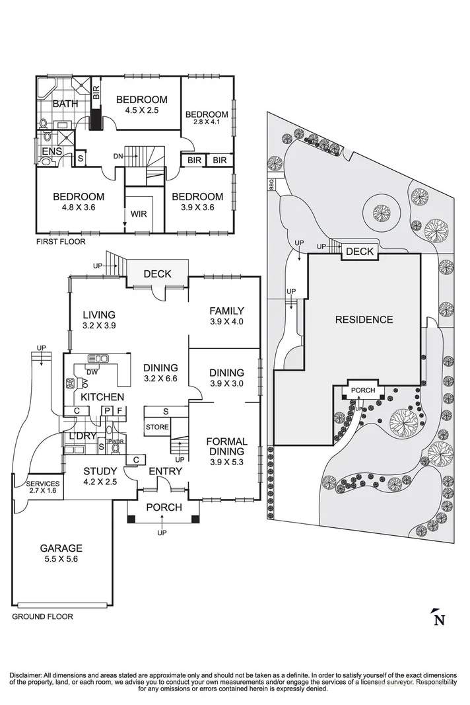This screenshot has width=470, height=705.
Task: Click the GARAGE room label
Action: pos(61,548)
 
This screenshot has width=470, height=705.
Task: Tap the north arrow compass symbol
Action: pos(437,618)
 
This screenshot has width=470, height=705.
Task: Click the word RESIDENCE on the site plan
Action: pos(364,320)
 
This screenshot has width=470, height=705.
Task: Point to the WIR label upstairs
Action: pos(139,214)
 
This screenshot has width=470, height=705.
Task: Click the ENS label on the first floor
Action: pos(51,151)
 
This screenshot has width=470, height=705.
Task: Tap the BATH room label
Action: pos(65,104)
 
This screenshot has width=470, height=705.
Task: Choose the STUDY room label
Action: pos(100,471)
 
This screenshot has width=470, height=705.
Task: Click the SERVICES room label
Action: pos(43,484)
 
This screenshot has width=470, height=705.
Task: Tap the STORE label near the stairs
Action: pos(157,427)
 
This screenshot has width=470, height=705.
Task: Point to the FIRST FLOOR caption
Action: pos(61,242)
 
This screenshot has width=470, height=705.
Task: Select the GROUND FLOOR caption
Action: pos(42,616)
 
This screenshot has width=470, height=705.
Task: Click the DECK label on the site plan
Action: pos(360,252)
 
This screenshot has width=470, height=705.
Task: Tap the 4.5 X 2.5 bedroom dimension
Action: pos(141,110)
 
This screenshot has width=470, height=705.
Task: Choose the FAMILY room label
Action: pos(227,311)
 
